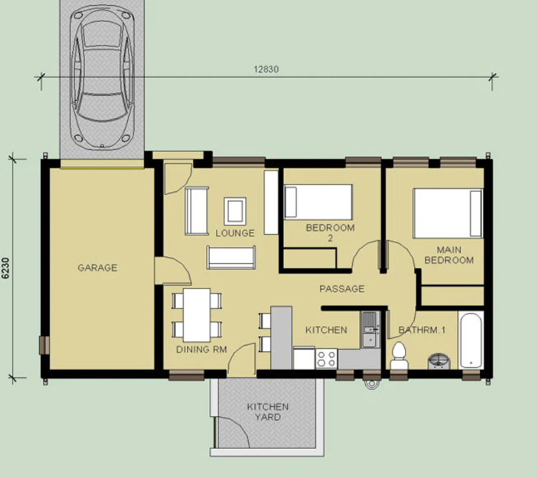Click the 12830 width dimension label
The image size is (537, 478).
coord(266,69)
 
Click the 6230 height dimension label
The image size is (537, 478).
coord(6,268)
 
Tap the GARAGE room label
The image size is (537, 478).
coord(97,267)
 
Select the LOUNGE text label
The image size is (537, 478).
coord(235,233)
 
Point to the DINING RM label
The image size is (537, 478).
coord(202,349)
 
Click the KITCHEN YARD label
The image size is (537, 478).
coord(268,412)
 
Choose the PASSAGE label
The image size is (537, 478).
coord(342,288)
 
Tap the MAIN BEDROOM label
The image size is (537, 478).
coord(449,255)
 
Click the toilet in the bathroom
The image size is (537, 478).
coord(399,356)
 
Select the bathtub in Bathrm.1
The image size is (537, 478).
coord(471,340)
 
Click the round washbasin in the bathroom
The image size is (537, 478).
coord(439,361)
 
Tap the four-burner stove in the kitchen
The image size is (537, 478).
coord(326,359)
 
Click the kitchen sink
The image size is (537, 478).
coord(369,329)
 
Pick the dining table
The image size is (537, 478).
coord(197,316)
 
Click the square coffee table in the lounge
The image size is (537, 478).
coord(235,211)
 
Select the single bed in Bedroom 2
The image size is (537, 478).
coord(318,202)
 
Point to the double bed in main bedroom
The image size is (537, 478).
coord(448,213)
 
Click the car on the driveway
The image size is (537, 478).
coord(101,78)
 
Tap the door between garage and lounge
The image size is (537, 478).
coord(172,270)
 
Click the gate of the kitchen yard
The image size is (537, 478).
coord(231,432)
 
